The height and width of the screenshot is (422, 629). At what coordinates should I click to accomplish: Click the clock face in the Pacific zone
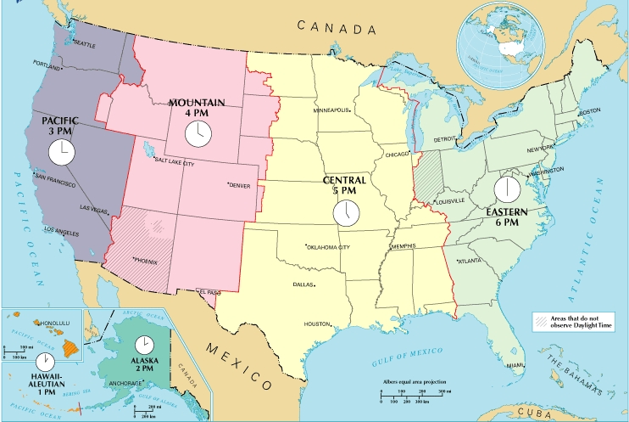coord(61,153)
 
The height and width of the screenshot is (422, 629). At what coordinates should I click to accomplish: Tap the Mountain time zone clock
coord(197,132)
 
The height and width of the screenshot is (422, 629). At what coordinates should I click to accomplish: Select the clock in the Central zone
coord(345,212)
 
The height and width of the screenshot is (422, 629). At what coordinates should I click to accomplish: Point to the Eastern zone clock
coord(507,188)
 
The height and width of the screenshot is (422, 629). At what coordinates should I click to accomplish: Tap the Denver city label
coord(241,186)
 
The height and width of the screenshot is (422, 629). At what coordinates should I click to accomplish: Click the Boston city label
coord(588,112)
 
